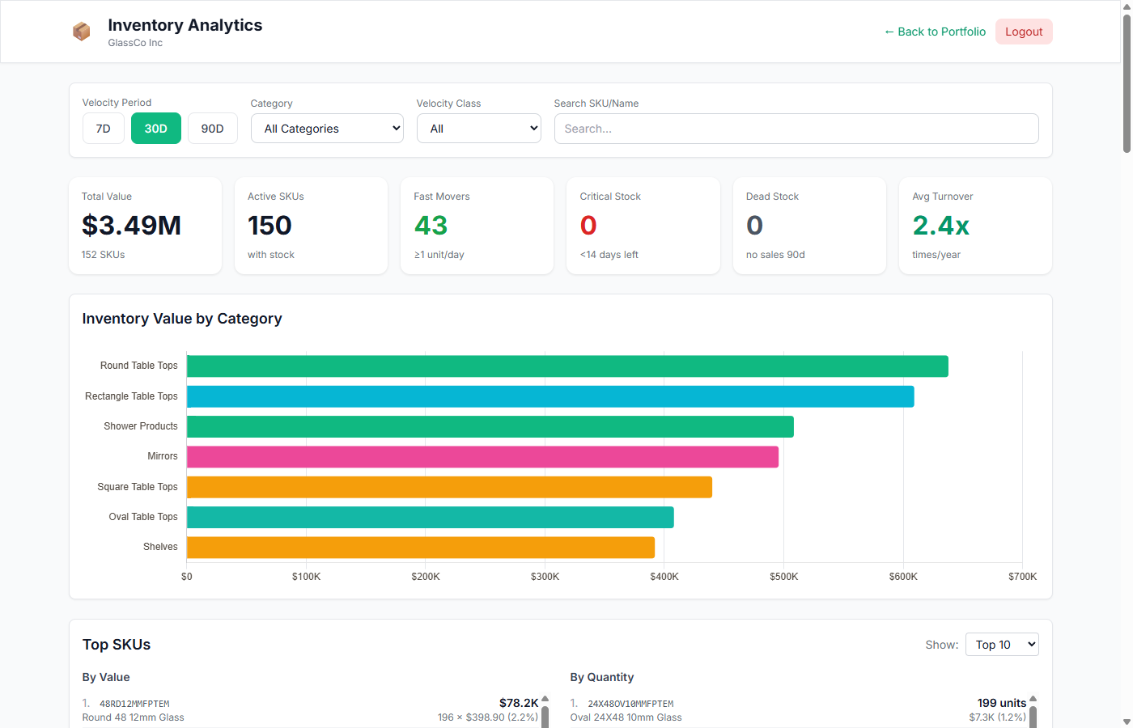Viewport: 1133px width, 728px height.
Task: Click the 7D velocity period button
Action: (x=104, y=129)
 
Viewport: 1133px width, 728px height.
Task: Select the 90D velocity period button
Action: (x=212, y=129)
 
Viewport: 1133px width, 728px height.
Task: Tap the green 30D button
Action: (x=155, y=129)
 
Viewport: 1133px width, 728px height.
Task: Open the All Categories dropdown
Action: (x=327, y=129)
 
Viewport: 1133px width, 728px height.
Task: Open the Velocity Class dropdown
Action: (x=478, y=129)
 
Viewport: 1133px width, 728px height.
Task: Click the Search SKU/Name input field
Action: (x=796, y=129)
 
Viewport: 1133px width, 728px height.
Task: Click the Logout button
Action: (x=1023, y=32)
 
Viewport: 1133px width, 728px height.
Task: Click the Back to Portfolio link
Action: (x=935, y=32)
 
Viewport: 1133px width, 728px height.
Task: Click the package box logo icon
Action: (x=81, y=32)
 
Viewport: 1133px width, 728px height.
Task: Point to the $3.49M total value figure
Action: (x=131, y=226)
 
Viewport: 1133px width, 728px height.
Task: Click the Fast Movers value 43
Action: (x=431, y=226)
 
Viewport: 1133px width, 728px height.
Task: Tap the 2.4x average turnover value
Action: (x=940, y=226)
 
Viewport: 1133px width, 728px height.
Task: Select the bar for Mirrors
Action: (x=482, y=457)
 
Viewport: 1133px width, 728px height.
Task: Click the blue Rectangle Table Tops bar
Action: (x=550, y=396)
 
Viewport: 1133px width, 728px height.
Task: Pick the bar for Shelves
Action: (x=421, y=548)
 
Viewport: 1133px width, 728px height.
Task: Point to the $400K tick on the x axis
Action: (x=664, y=577)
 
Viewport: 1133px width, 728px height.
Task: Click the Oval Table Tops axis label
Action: (x=143, y=517)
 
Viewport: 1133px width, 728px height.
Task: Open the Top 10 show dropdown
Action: (x=1001, y=645)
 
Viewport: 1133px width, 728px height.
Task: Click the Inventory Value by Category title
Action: (x=182, y=319)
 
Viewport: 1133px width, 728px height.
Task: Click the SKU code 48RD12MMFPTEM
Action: (x=134, y=704)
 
